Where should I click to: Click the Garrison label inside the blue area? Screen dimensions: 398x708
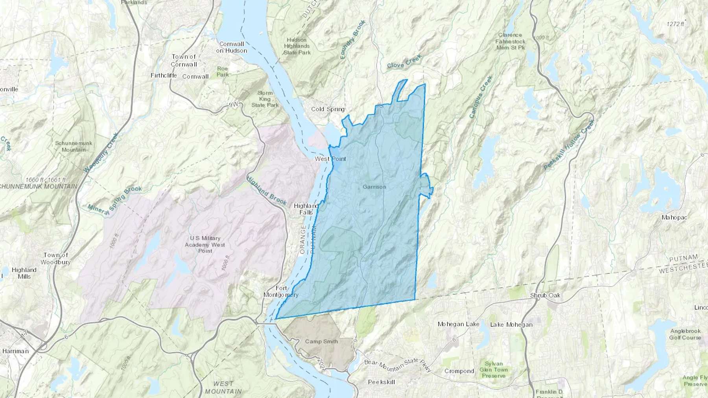point(374,187)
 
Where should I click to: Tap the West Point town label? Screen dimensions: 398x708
point(330,159)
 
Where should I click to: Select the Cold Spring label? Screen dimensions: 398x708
point(328,109)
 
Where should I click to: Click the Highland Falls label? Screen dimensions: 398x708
point(306,209)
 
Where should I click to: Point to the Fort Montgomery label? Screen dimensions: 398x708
point(281,292)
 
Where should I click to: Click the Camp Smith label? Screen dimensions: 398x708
point(321,341)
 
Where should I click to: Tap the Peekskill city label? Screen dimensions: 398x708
point(381,382)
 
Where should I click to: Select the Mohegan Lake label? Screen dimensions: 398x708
point(458,324)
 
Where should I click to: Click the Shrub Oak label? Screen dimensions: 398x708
point(545,295)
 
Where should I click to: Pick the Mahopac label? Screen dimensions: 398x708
point(675,217)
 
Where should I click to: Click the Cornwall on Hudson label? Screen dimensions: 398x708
point(232,47)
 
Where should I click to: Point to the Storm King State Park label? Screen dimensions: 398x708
point(265,99)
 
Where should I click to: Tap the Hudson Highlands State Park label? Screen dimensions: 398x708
point(297,46)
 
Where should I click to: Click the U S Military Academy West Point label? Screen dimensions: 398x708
point(205,244)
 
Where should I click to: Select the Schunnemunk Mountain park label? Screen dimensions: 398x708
point(74,146)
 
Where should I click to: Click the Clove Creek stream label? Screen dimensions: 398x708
point(404,62)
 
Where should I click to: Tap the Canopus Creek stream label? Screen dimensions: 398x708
point(481,97)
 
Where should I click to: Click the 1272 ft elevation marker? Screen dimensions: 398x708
point(675,24)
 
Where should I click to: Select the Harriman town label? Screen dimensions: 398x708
point(15,351)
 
